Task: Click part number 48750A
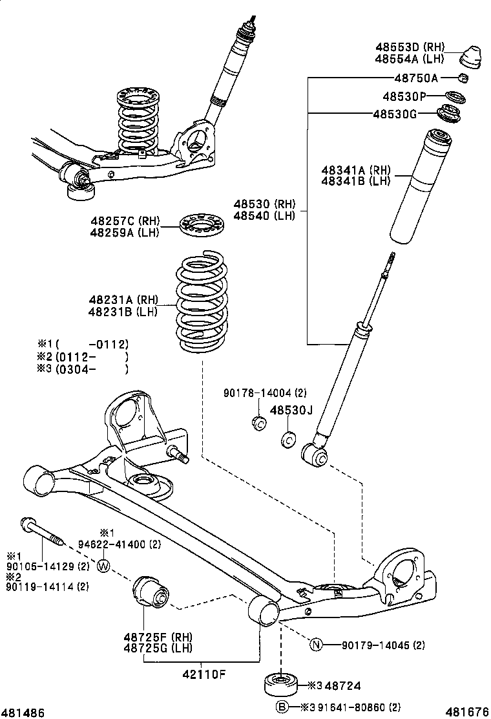[x=416, y=78]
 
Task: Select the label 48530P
[x=404, y=96]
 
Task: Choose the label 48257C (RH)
[x=125, y=221]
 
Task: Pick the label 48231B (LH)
[x=123, y=312]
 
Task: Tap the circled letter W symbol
[x=103, y=567]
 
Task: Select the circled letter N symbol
[x=316, y=644]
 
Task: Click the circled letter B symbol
[x=282, y=707]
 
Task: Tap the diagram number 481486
[x=23, y=712]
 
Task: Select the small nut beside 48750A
[x=463, y=79]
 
